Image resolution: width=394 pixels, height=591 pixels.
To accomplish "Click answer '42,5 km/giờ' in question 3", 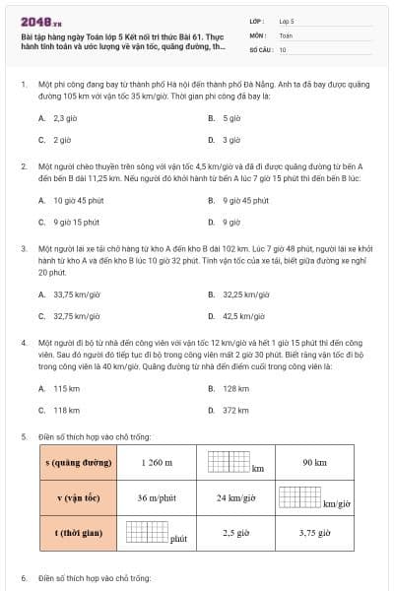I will (245, 316).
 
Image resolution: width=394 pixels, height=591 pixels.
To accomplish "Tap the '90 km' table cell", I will (314, 463).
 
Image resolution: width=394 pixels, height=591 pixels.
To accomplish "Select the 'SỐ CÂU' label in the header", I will (260, 49).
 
